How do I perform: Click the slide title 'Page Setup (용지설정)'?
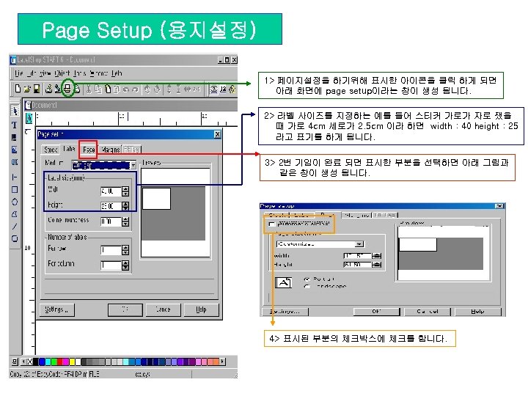click(149, 30)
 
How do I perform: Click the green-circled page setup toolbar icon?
click(67, 89)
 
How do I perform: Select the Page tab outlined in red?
click(89, 149)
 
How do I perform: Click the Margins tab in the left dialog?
click(110, 150)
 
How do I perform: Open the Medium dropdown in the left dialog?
click(133, 164)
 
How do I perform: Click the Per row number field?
click(111, 249)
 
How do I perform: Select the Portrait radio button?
click(307, 279)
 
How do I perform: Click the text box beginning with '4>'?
click(362, 338)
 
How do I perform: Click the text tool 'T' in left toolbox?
click(15, 125)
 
